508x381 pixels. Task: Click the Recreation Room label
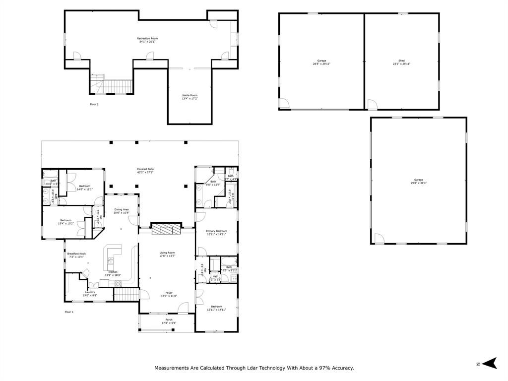pyautogui.click(x=147, y=40)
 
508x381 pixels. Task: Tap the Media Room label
pyautogui.click(x=190, y=97)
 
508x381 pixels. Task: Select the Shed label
pyautogui.click(x=401, y=62)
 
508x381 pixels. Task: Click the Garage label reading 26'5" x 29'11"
pyautogui.click(x=321, y=62)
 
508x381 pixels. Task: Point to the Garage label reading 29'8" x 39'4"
pyautogui.click(x=419, y=181)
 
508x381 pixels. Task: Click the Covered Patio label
pyautogui.click(x=145, y=171)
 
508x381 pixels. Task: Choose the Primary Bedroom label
pyautogui.click(x=216, y=233)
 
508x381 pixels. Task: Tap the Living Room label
pyautogui.click(x=167, y=254)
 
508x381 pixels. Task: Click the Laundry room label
pyautogui.click(x=90, y=294)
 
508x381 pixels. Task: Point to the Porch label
pyautogui.click(x=169, y=321)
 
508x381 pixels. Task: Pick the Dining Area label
pyautogui.click(x=122, y=211)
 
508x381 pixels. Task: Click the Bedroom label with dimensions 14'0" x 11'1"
pyautogui.click(x=84, y=188)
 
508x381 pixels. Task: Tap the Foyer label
pyautogui.click(x=169, y=294)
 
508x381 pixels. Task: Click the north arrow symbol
pyautogui.click(x=490, y=363)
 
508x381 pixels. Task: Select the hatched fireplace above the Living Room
pyautogui.click(x=166, y=229)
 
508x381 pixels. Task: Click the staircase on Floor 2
pyautogui.click(x=115, y=86)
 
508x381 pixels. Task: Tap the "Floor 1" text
pyautogui.click(x=69, y=312)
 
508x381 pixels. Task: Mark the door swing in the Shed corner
pyautogui.click(x=372, y=105)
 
